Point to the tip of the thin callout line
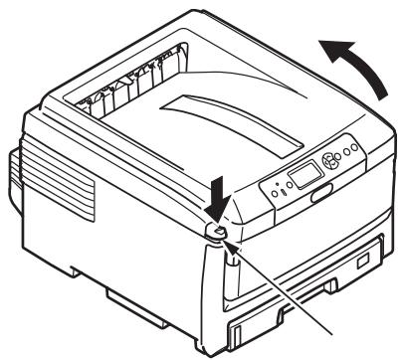pos(225,241)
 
